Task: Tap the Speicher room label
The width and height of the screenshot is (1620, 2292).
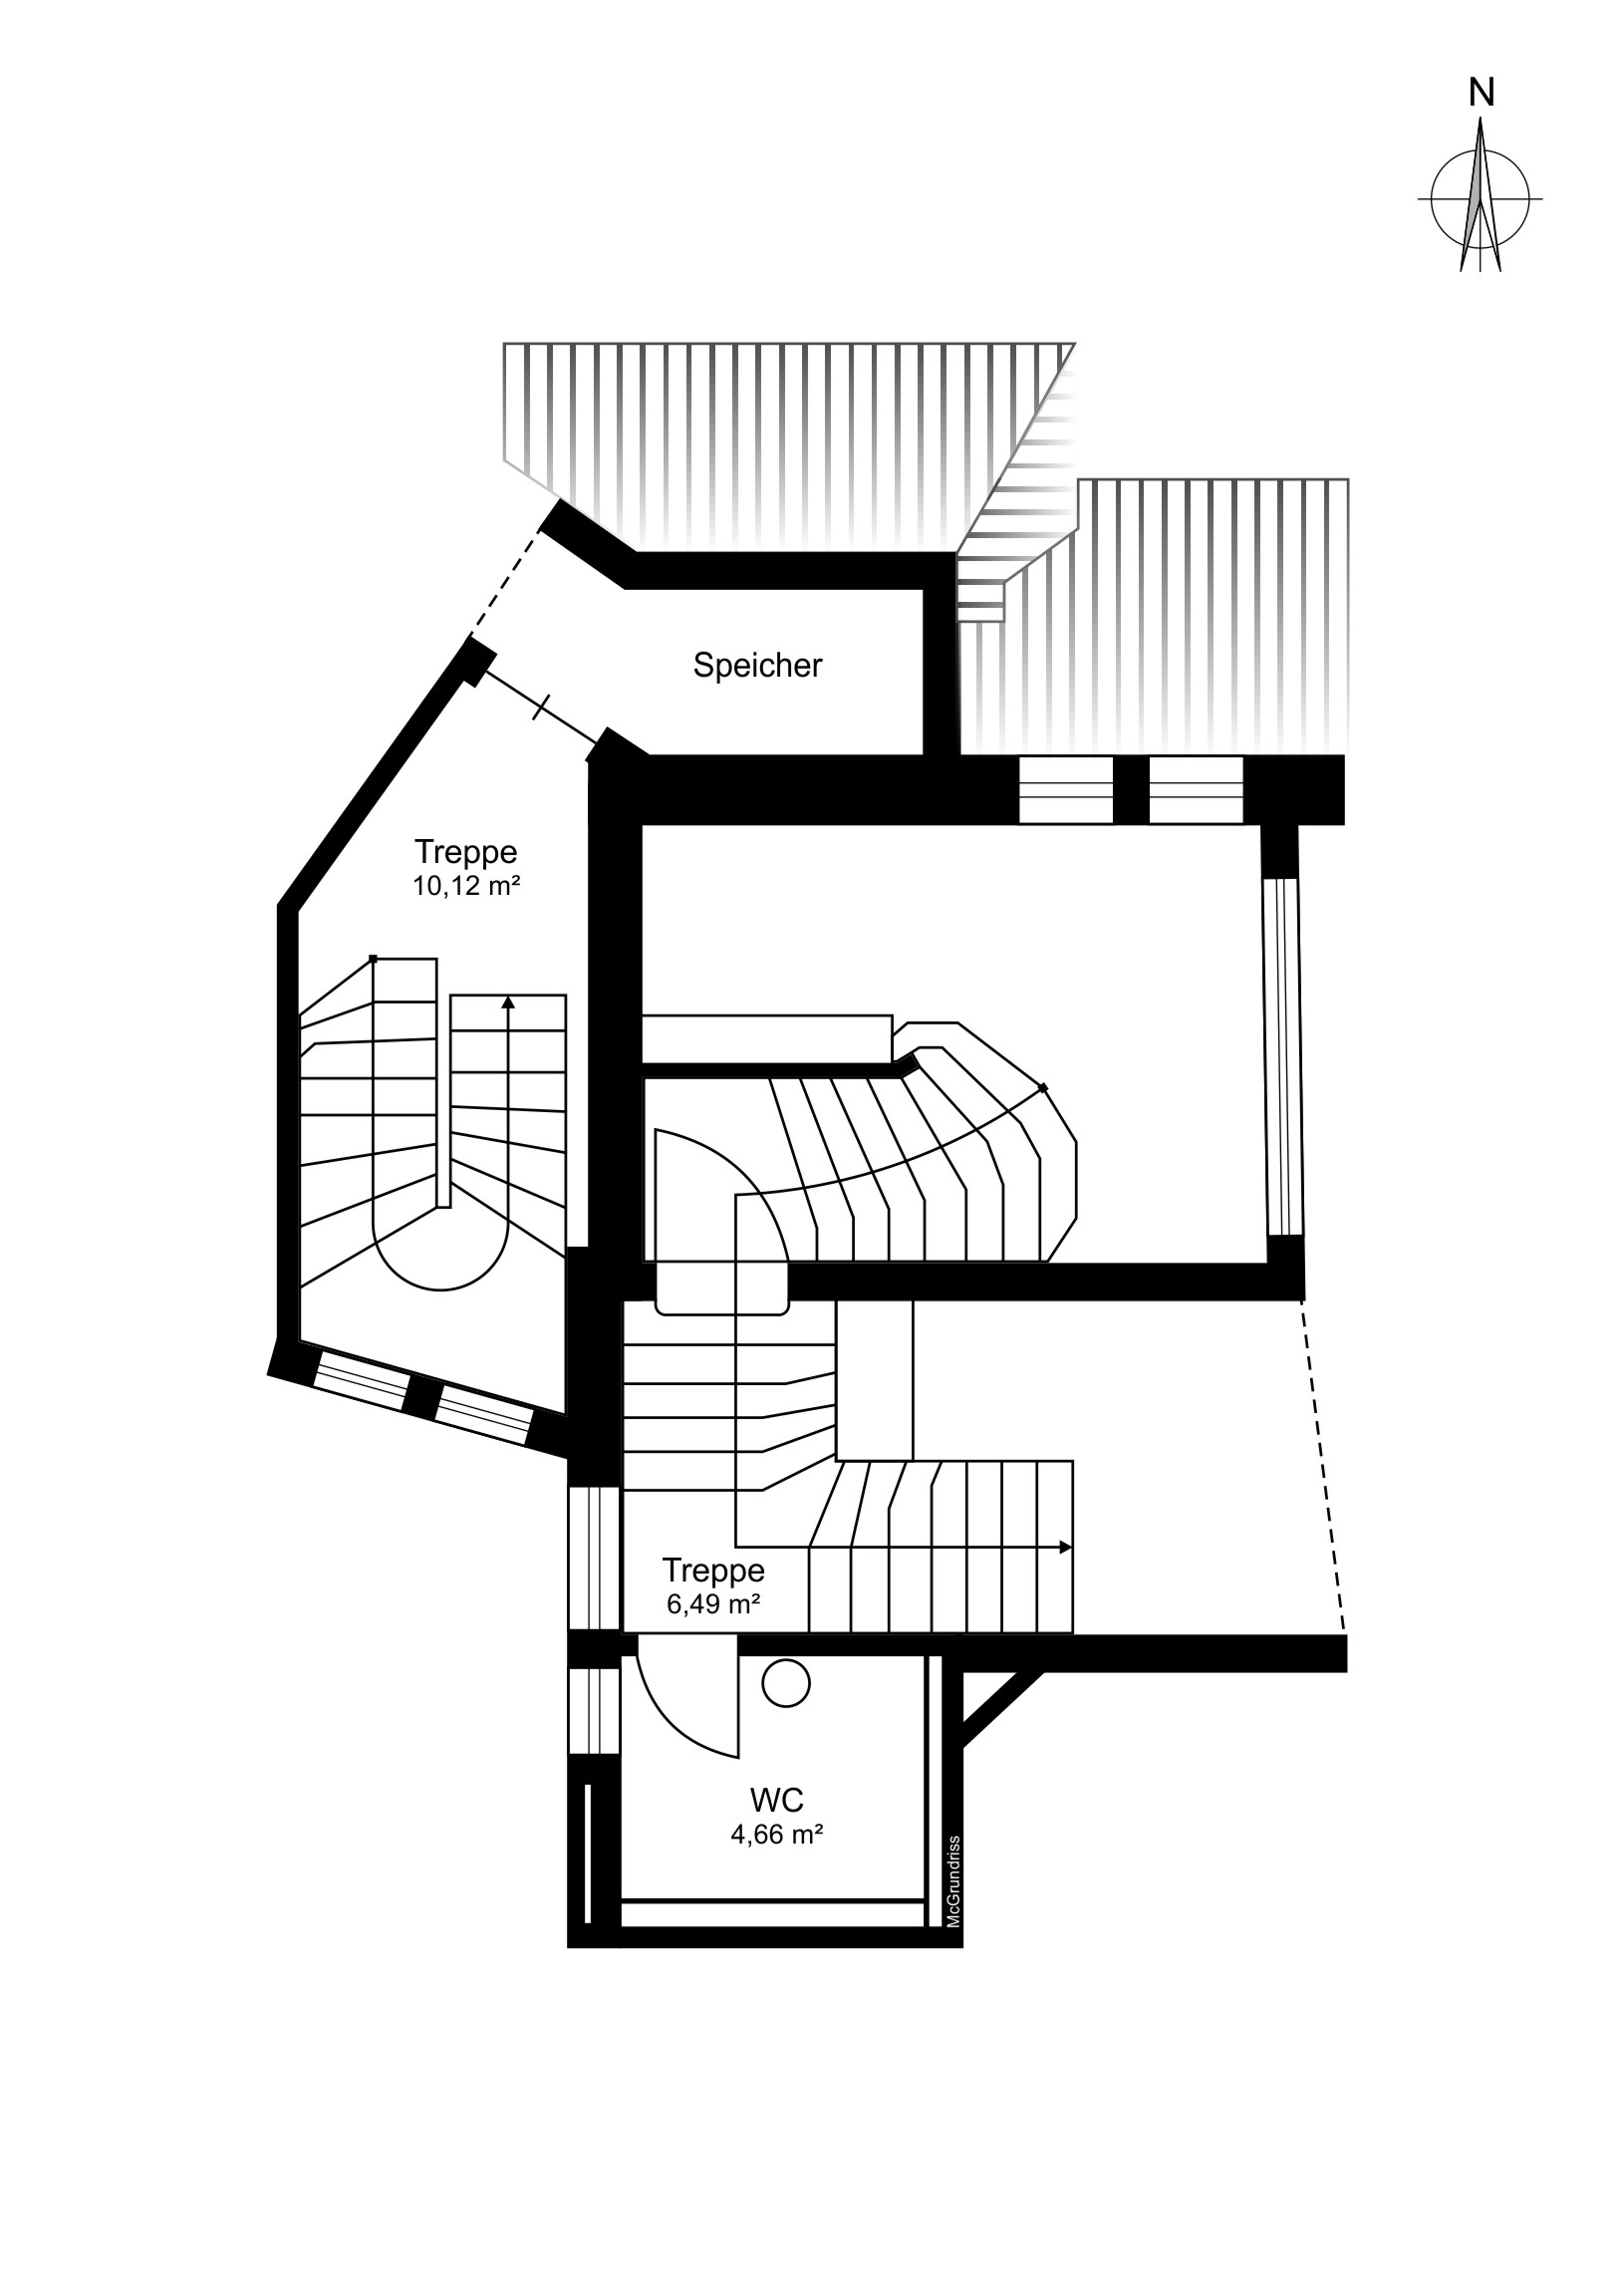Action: coord(757,666)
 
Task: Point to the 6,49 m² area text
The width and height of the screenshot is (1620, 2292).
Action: coord(713,1604)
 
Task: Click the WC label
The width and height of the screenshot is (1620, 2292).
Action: coord(776,1800)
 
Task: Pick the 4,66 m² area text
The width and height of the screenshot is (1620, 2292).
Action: coord(776,1834)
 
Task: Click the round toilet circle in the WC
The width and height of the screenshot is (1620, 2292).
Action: coord(785,1684)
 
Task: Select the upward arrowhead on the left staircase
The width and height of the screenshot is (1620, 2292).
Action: coord(508,1002)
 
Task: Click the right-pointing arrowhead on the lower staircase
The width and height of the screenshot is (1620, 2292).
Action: coord(1066,1548)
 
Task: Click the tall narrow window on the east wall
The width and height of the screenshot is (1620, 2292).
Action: coord(1283,1057)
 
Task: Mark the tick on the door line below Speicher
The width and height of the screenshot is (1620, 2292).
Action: coord(540,710)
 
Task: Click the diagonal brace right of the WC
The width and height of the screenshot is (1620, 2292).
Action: coord(1001,1710)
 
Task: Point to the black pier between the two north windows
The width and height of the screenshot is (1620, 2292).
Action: coord(1131,790)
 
